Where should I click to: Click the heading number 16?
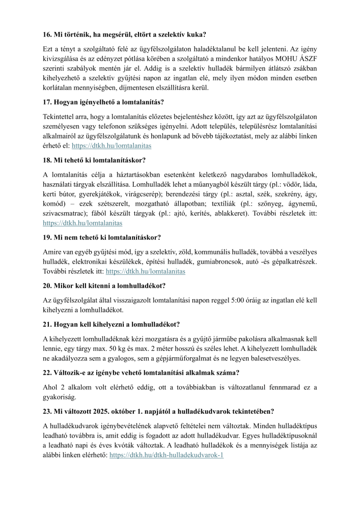coord(48,35)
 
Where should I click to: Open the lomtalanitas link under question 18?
coord(82,223)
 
